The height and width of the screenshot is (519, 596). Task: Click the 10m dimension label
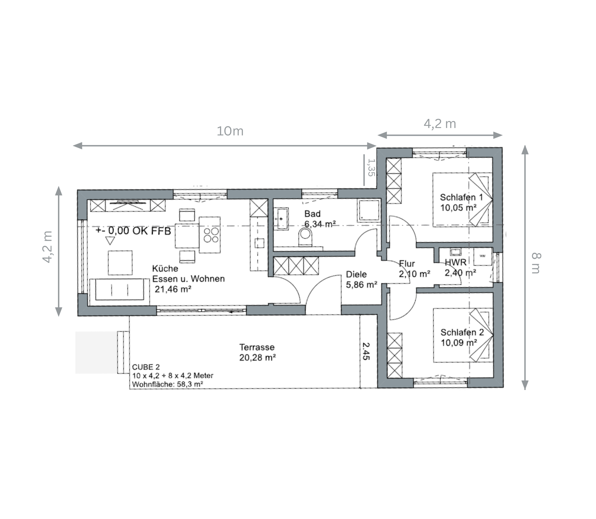pyautogui.click(x=230, y=131)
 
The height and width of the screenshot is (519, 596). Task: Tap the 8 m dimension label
pyautogui.click(x=536, y=263)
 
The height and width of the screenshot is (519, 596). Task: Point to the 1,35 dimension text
pyautogui.click(x=371, y=167)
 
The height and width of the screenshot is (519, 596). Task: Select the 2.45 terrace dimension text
pyautogui.click(x=366, y=351)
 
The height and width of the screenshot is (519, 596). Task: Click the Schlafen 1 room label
pyautogui.click(x=461, y=197)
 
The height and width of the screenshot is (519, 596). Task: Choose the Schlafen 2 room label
pyautogui.click(x=462, y=332)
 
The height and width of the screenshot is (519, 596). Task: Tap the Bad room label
pyautogui.click(x=312, y=214)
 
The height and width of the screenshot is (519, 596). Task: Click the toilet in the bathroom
pyautogui.click(x=305, y=237)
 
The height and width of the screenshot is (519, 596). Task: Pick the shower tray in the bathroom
pyautogui.click(x=369, y=210)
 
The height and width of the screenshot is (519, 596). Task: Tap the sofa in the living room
pyautogui.click(x=120, y=290)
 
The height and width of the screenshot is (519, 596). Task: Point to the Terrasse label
pyautogui.click(x=257, y=347)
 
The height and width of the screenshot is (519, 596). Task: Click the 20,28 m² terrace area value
pyautogui.click(x=257, y=357)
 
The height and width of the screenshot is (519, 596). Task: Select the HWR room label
pyautogui.click(x=456, y=262)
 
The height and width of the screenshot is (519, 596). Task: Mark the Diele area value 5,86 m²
pyautogui.click(x=361, y=285)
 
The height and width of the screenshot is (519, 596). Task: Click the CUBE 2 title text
pyautogui.click(x=146, y=367)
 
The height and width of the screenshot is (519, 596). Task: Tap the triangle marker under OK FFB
pyautogui.click(x=110, y=241)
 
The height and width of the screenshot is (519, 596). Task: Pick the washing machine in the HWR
pyautogui.click(x=483, y=256)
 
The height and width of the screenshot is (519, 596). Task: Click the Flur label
pyautogui.click(x=407, y=263)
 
